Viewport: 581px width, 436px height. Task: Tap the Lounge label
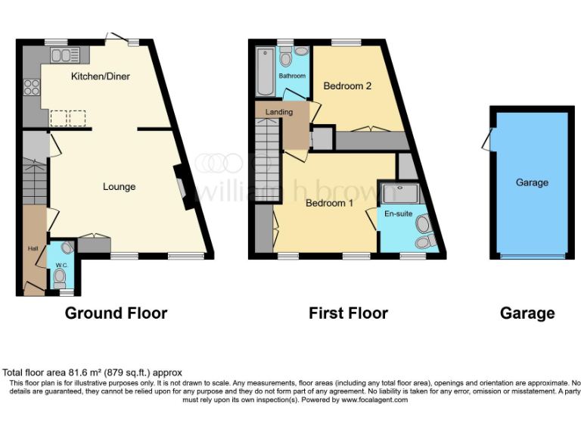click(x=119, y=187)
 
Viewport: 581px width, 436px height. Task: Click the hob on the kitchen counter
click(x=32, y=87)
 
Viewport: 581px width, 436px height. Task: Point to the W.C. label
click(x=61, y=266)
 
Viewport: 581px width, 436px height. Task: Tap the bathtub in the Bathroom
click(x=266, y=71)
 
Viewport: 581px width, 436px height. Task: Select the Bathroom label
click(x=292, y=76)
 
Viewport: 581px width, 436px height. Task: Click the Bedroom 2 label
click(x=347, y=86)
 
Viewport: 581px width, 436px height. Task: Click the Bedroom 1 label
click(x=329, y=203)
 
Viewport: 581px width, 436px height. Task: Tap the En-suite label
click(x=398, y=213)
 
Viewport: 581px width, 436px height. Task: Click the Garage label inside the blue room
click(x=532, y=182)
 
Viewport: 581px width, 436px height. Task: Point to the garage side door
click(x=492, y=139)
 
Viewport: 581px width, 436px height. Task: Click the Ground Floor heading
click(x=116, y=313)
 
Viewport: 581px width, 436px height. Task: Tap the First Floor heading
click(x=348, y=313)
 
